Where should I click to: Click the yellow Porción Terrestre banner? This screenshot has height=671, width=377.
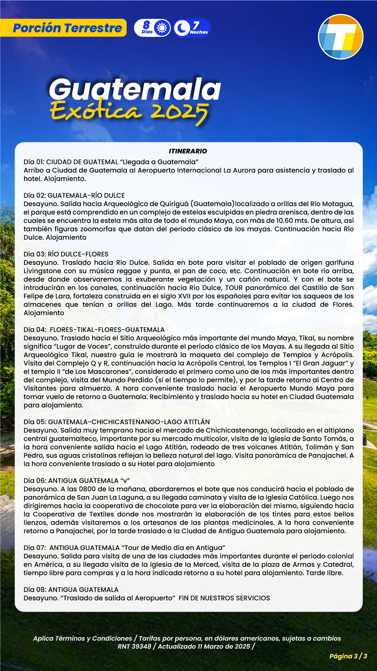(67, 28)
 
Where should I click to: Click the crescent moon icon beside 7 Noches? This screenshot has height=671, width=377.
(182, 28)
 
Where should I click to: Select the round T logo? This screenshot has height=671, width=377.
(341, 37)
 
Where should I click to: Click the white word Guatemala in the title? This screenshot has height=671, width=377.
(135, 89)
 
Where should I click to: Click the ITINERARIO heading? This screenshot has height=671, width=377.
(188, 151)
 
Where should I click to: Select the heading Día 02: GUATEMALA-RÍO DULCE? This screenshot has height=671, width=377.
(74, 195)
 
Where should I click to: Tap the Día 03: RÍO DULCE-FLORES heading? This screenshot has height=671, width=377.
(66, 254)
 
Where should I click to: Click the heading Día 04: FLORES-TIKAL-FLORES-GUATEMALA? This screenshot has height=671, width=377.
(94, 330)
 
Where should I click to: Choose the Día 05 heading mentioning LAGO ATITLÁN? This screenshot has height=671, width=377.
(117, 422)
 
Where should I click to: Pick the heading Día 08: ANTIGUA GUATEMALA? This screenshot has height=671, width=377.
(71, 590)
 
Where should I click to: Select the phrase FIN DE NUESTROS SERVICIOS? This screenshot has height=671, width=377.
(224, 598)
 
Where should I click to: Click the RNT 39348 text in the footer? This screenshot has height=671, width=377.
(134, 646)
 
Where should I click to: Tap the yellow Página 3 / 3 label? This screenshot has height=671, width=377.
(348, 656)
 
